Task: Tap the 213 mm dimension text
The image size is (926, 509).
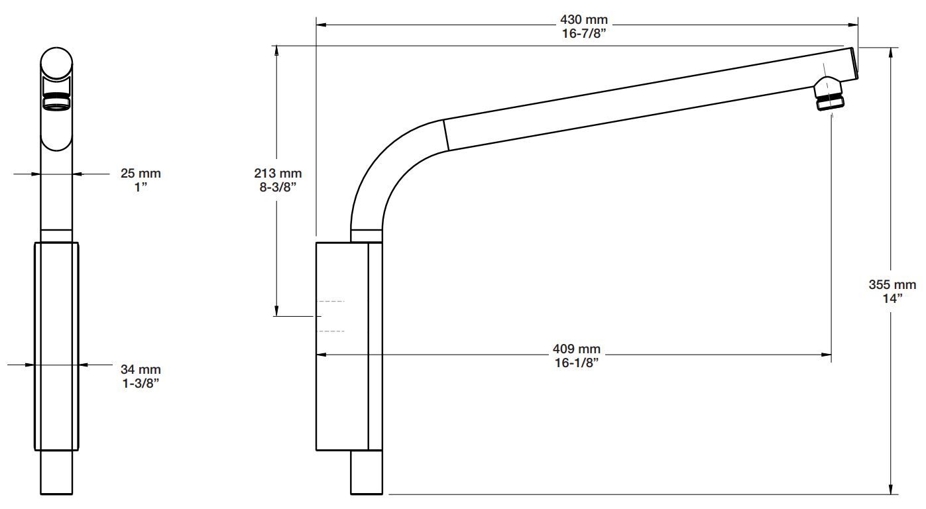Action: (278, 174)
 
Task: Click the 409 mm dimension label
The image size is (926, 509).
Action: (576, 349)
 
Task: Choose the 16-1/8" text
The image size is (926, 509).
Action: (576, 362)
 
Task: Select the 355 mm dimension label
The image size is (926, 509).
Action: (892, 285)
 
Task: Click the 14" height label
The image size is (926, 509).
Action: (892, 298)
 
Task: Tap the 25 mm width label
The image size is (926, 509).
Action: (141, 174)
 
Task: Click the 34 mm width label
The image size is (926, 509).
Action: (141, 369)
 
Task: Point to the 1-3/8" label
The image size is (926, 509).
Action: (141, 382)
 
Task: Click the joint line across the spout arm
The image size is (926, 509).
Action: (447, 135)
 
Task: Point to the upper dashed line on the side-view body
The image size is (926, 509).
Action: (331, 302)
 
